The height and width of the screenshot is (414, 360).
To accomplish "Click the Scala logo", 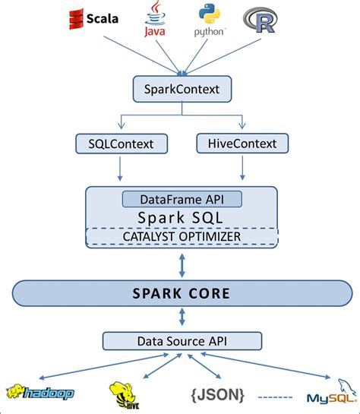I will (x=93, y=18).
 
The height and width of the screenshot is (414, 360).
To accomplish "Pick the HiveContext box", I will (x=242, y=142).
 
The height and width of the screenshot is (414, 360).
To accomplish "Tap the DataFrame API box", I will (x=182, y=200).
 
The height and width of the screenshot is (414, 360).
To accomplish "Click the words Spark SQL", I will (x=182, y=217).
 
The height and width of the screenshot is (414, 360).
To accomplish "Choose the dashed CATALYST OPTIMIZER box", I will (x=182, y=236).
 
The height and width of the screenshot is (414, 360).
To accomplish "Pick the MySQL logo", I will (x=330, y=394).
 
